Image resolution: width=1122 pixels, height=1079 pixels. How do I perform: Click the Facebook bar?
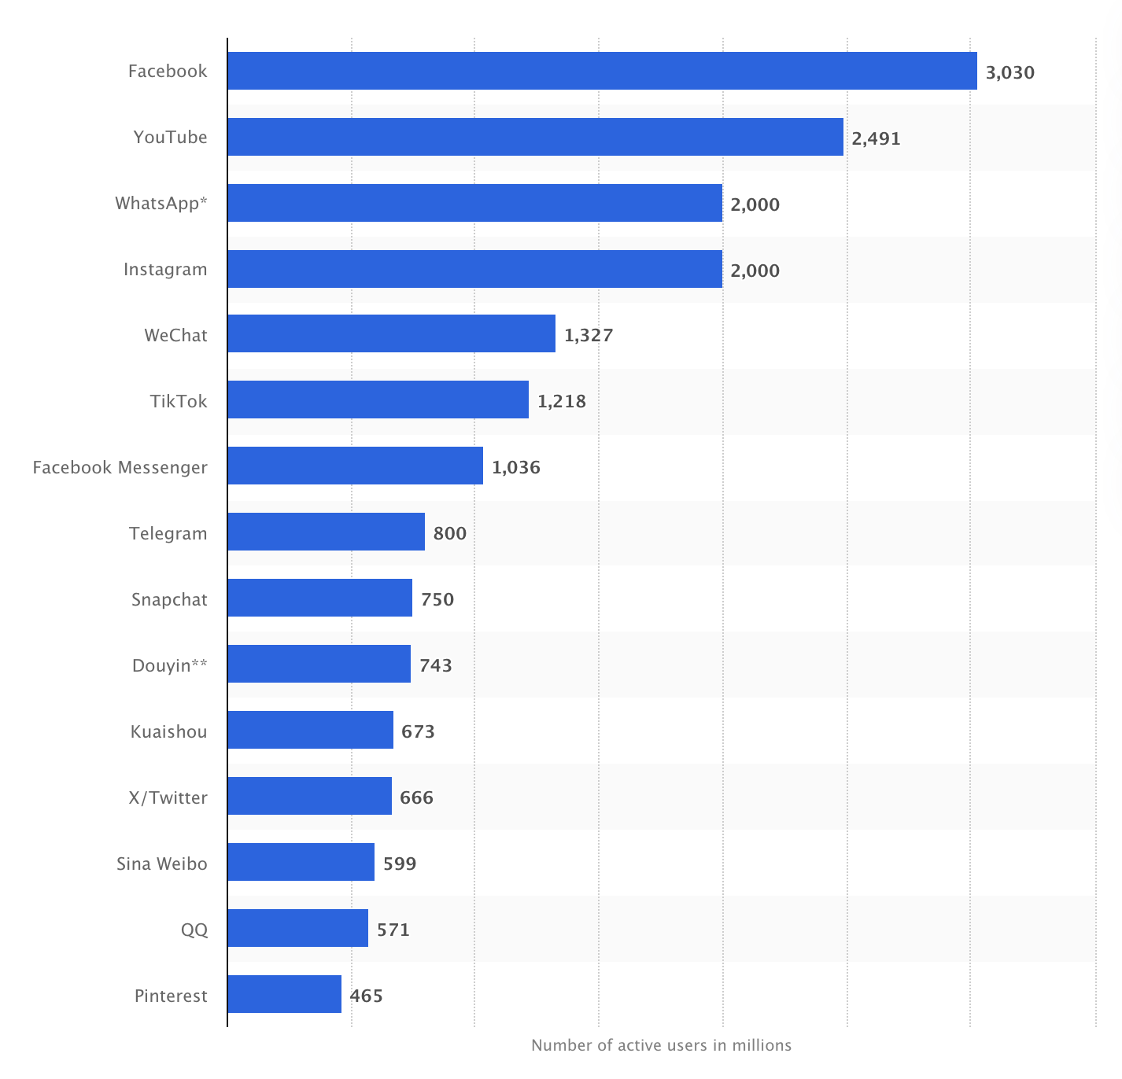click(602, 71)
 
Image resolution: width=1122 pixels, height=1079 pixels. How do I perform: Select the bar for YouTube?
click(535, 137)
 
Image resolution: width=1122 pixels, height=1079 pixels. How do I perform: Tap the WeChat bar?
click(391, 333)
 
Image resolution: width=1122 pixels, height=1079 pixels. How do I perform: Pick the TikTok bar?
click(378, 400)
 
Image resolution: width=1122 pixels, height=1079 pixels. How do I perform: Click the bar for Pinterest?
click(284, 994)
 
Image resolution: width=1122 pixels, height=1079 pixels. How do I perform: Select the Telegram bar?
click(326, 532)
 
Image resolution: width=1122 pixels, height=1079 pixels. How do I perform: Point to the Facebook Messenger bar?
click(355, 466)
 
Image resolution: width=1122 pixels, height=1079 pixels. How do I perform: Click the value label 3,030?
click(1009, 72)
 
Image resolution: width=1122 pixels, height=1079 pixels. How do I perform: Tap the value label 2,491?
click(876, 138)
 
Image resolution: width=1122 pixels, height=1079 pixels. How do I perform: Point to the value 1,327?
click(588, 335)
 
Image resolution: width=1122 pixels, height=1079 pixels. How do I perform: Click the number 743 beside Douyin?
click(435, 665)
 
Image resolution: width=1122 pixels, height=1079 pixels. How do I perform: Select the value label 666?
click(416, 797)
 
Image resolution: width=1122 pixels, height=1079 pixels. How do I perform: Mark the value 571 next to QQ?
click(393, 930)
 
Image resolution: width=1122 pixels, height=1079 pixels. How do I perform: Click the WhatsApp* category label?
click(161, 203)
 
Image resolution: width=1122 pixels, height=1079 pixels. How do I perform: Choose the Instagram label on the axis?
click(165, 269)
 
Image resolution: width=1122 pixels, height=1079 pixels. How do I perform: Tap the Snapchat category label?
click(169, 599)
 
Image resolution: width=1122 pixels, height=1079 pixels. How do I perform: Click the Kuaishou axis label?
click(168, 731)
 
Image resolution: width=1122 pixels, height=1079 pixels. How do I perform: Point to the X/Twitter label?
click(168, 797)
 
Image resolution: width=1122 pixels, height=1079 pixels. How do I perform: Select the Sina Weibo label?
click(161, 864)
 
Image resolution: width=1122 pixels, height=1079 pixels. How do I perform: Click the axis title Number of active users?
click(661, 1045)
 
